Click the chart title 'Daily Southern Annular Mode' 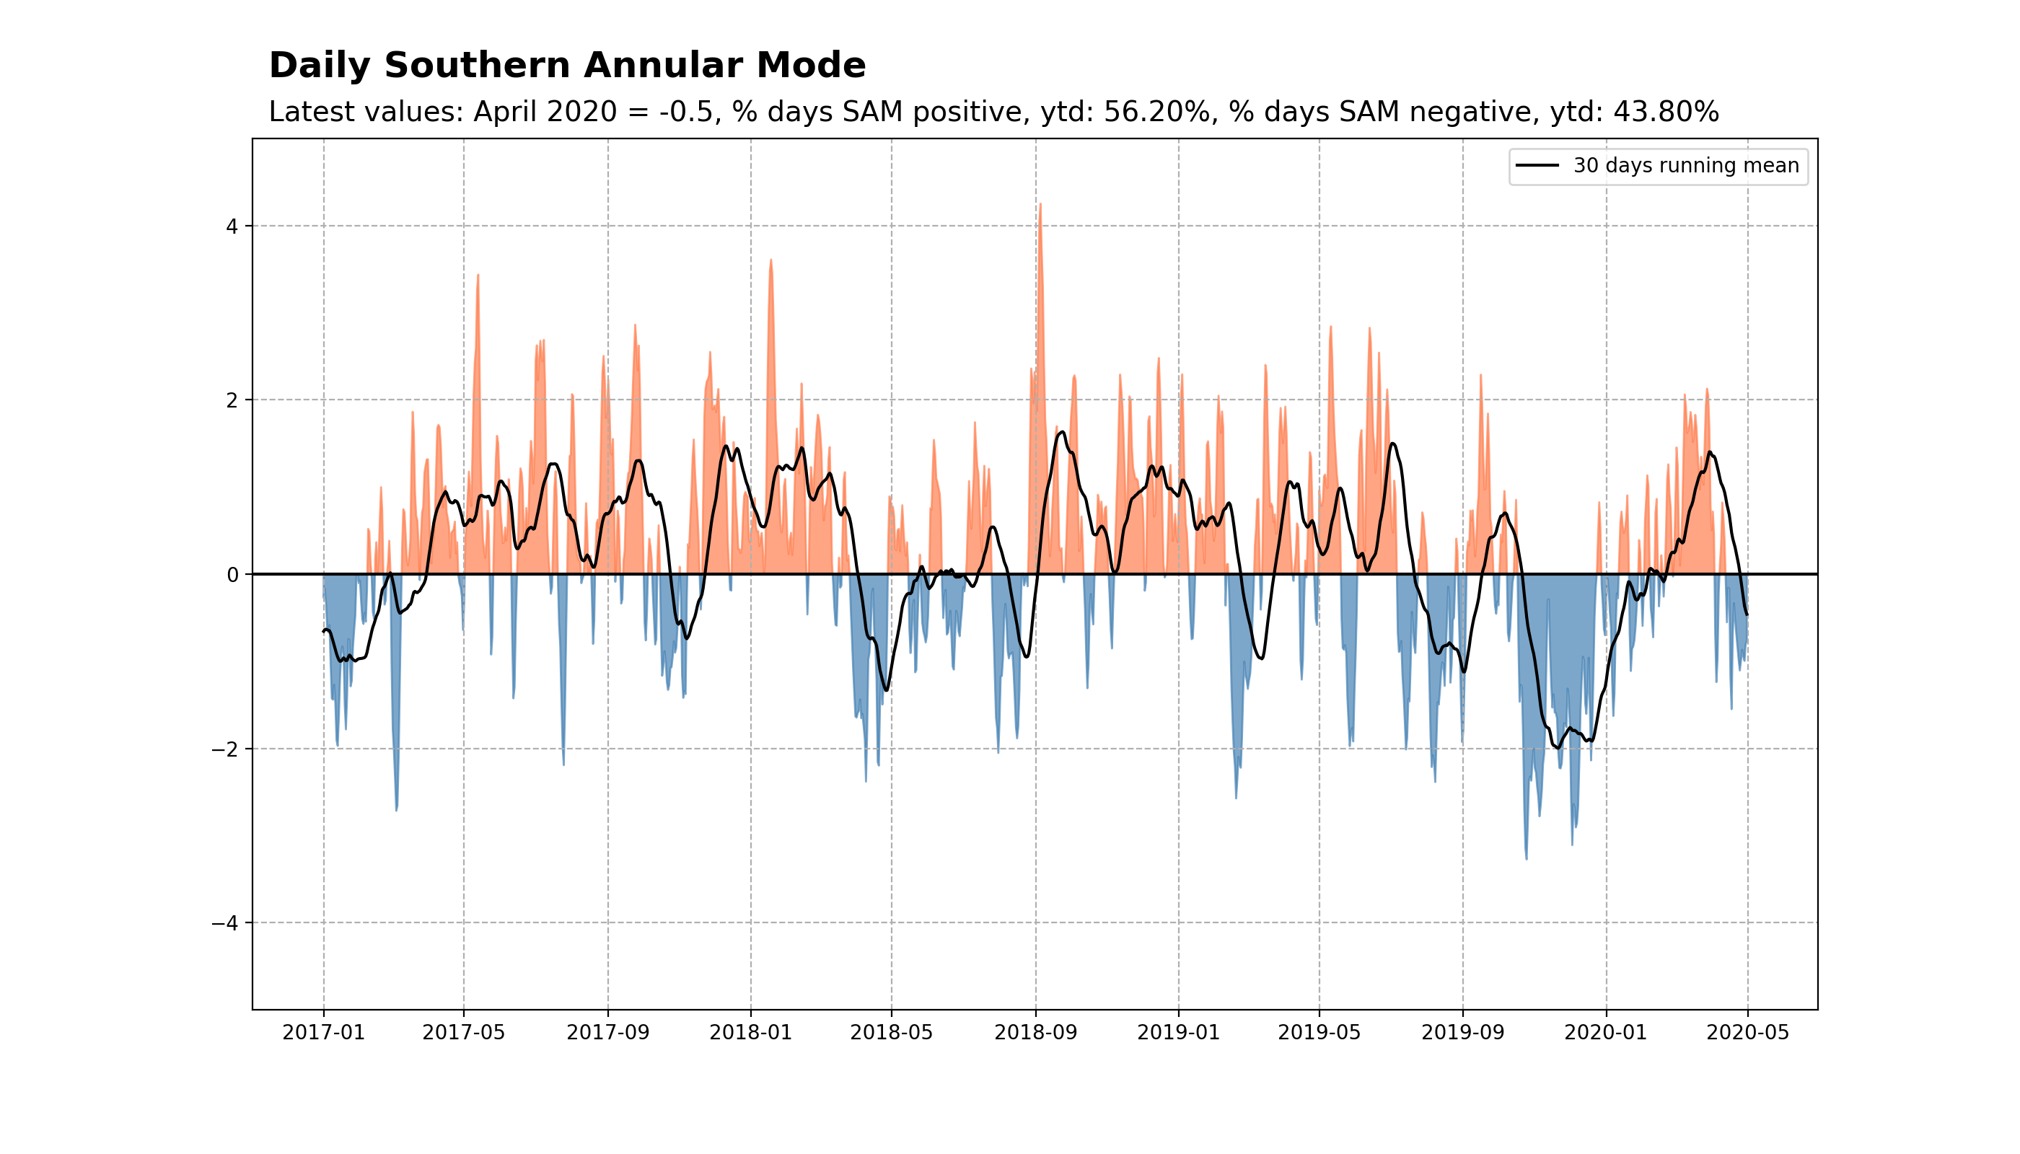pyautogui.click(x=567, y=65)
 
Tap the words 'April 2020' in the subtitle pyautogui.click(x=545, y=112)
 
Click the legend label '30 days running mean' pyautogui.click(x=1685, y=166)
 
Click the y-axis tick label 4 pyautogui.click(x=232, y=226)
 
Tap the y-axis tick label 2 pyautogui.click(x=232, y=401)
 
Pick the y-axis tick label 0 pyautogui.click(x=232, y=576)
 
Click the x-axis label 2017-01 pyautogui.click(x=323, y=1033)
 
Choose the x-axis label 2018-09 pyautogui.click(x=1035, y=1033)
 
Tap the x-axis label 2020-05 pyautogui.click(x=1747, y=1033)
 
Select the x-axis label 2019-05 pyautogui.click(x=1319, y=1033)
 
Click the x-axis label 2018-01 pyautogui.click(x=751, y=1033)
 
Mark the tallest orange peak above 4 pyautogui.click(x=1040, y=206)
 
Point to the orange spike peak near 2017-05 pyautogui.click(x=478, y=276)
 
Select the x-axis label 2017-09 pyautogui.click(x=608, y=1033)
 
